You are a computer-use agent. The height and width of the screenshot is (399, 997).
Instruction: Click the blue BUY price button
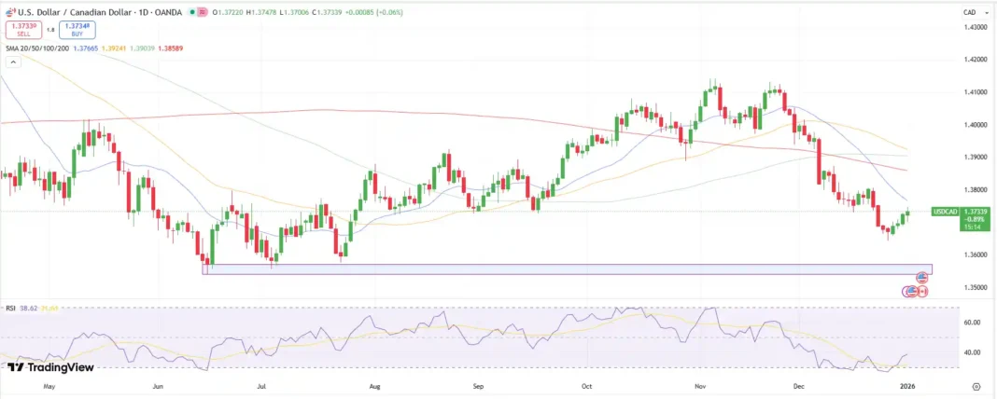click(x=77, y=29)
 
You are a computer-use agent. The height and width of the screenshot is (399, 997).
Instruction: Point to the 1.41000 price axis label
click(x=975, y=92)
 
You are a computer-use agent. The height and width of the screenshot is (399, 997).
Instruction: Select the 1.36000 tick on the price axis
click(x=975, y=255)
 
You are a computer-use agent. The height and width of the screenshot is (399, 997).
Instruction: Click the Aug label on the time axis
click(x=374, y=384)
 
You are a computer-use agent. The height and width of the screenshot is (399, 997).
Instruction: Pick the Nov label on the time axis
click(x=699, y=384)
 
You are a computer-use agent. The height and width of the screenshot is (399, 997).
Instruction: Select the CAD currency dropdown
click(x=972, y=12)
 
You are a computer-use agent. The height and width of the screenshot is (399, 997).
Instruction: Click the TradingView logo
click(x=50, y=367)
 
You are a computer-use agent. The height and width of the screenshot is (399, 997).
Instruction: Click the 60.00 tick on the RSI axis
click(x=971, y=323)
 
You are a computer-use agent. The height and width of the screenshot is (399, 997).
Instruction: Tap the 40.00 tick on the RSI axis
click(x=971, y=352)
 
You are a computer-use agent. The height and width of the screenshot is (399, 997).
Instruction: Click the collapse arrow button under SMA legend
click(x=13, y=62)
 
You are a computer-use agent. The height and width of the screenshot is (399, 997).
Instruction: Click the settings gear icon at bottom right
click(x=976, y=384)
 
